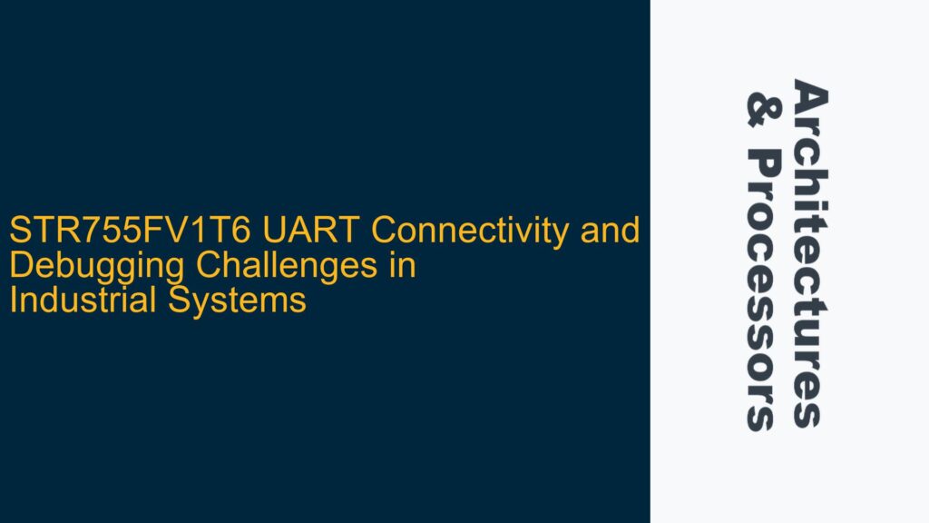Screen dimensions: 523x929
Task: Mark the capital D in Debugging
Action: tap(19, 267)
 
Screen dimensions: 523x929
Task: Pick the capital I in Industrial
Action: tap(12, 300)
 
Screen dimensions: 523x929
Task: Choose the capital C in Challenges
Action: tap(225, 267)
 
